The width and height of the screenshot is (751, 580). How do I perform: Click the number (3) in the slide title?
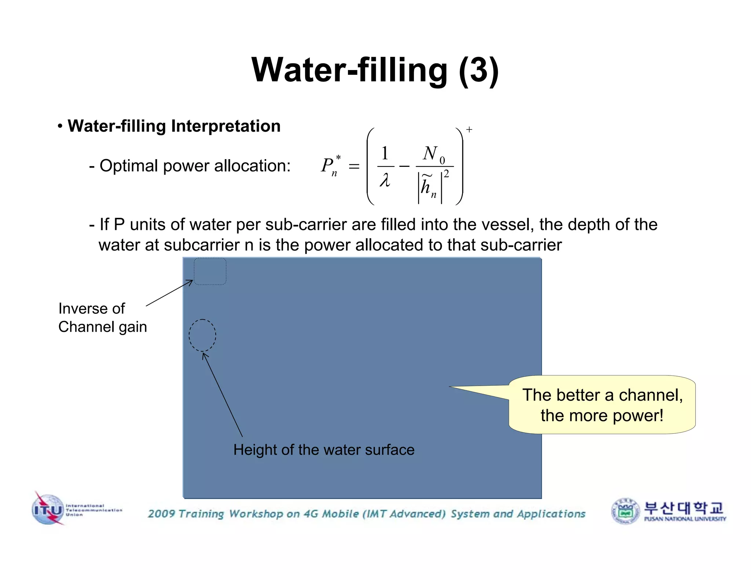[479, 70]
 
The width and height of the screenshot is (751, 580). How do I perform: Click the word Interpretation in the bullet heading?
[226, 126]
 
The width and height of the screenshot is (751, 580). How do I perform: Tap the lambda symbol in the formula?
[385, 180]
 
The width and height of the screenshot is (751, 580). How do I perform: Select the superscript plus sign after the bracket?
[469, 129]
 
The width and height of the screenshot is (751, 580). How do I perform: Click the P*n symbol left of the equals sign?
[330, 166]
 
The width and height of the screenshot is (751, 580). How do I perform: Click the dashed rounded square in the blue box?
[210, 271]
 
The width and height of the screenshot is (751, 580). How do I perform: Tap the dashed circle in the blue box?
[202, 335]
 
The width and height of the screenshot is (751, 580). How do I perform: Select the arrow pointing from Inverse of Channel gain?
[169, 293]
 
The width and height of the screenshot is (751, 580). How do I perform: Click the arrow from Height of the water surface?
[222, 394]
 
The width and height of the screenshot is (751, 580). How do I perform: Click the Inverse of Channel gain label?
[102, 317]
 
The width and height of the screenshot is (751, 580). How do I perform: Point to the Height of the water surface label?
[324, 450]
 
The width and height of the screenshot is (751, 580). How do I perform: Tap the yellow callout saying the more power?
[602, 405]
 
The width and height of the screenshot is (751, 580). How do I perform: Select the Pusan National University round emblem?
[625, 511]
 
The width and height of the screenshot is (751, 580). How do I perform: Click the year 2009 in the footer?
[162, 514]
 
